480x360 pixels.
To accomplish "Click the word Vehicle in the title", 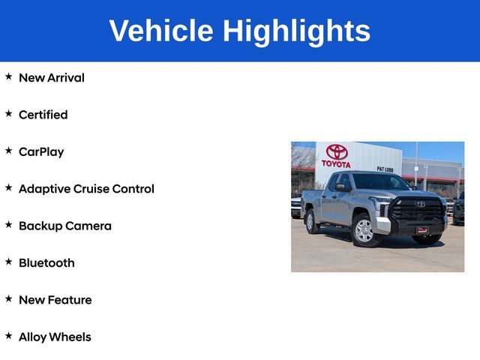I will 160,31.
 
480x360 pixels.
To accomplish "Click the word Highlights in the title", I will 296,31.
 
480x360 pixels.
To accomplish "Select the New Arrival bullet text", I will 51,78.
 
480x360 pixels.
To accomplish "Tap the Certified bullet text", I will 43,115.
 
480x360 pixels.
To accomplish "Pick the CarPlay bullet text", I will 41,151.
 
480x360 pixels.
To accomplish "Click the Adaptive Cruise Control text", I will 86,189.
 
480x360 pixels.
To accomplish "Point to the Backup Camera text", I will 64,226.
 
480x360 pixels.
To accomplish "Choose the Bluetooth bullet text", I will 46,262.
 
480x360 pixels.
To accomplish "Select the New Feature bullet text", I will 55,300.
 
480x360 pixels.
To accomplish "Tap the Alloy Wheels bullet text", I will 55,337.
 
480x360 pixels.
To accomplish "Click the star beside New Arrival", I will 9,76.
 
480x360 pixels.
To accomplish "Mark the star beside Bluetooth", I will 9,262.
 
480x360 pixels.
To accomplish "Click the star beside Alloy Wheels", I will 9,336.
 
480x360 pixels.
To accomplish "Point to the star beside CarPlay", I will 9,151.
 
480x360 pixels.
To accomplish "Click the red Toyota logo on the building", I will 337,152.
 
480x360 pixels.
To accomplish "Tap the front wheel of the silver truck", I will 364,230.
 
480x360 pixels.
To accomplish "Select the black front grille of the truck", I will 418,209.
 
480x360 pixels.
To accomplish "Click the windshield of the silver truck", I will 381,182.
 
